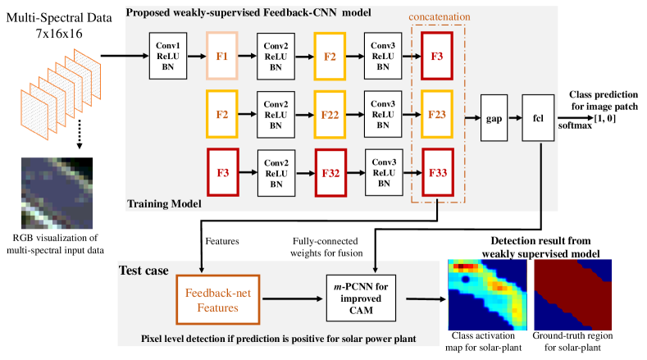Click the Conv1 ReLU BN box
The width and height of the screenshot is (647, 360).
[x=168, y=56]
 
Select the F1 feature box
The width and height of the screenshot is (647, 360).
[x=222, y=56]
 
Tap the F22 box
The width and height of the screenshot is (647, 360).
[x=330, y=114]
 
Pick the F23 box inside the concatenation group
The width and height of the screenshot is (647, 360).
[x=437, y=114]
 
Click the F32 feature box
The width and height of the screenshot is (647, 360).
[x=330, y=172]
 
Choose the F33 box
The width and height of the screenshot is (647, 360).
[x=438, y=172]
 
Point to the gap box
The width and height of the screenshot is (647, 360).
[x=494, y=118]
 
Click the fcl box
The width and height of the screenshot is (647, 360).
[x=538, y=118]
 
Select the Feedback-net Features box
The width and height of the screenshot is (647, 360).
[x=218, y=299]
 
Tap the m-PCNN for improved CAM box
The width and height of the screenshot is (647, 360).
[x=361, y=298]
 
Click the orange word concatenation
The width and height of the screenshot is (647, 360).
[x=440, y=17]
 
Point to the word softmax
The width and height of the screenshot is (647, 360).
[x=575, y=125]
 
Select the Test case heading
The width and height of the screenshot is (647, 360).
[x=144, y=271]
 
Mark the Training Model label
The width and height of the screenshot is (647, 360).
[x=164, y=203]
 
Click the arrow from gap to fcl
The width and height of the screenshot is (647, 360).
[x=515, y=118]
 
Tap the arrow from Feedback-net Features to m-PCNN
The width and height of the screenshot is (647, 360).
[x=292, y=298]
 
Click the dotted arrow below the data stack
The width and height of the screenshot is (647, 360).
[x=80, y=134]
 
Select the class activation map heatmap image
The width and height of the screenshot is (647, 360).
[x=487, y=294]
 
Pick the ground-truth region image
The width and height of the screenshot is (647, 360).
[x=572, y=294]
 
